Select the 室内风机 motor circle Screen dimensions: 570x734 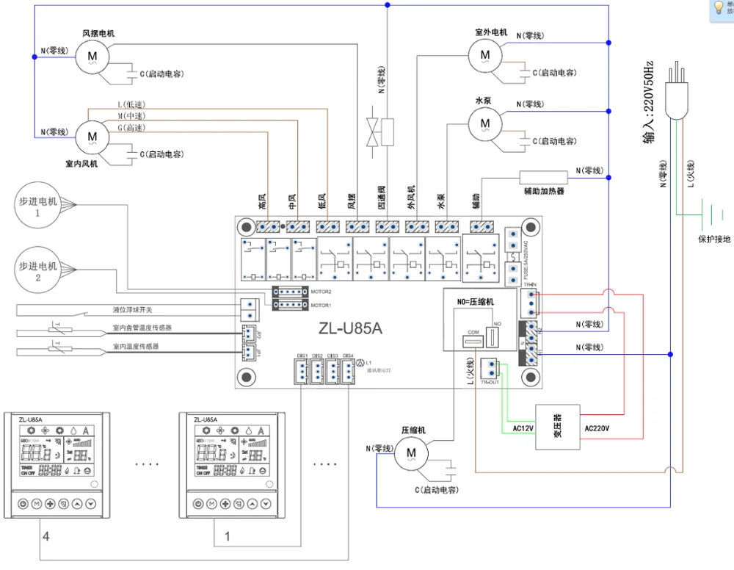click(x=91, y=136)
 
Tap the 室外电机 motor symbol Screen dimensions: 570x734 click(x=484, y=54)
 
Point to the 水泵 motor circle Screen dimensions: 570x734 click(x=484, y=121)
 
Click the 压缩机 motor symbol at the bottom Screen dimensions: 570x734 click(x=410, y=453)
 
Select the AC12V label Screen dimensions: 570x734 click(x=523, y=428)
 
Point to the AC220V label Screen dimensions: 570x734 click(x=597, y=428)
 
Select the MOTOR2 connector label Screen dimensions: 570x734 click(x=320, y=292)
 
